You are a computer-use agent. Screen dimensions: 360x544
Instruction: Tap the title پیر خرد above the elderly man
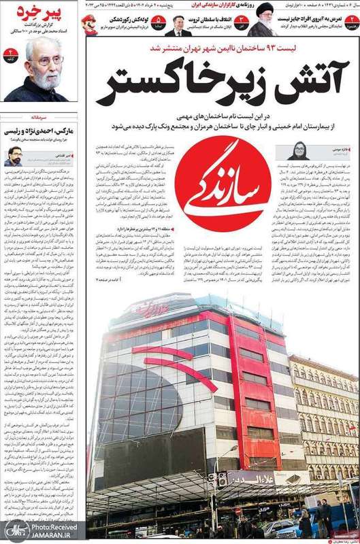click(x=48, y=12)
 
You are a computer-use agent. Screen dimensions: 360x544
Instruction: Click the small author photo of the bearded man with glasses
click(x=13, y=156)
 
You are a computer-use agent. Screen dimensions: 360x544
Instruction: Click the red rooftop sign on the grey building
click(x=150, y=308)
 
